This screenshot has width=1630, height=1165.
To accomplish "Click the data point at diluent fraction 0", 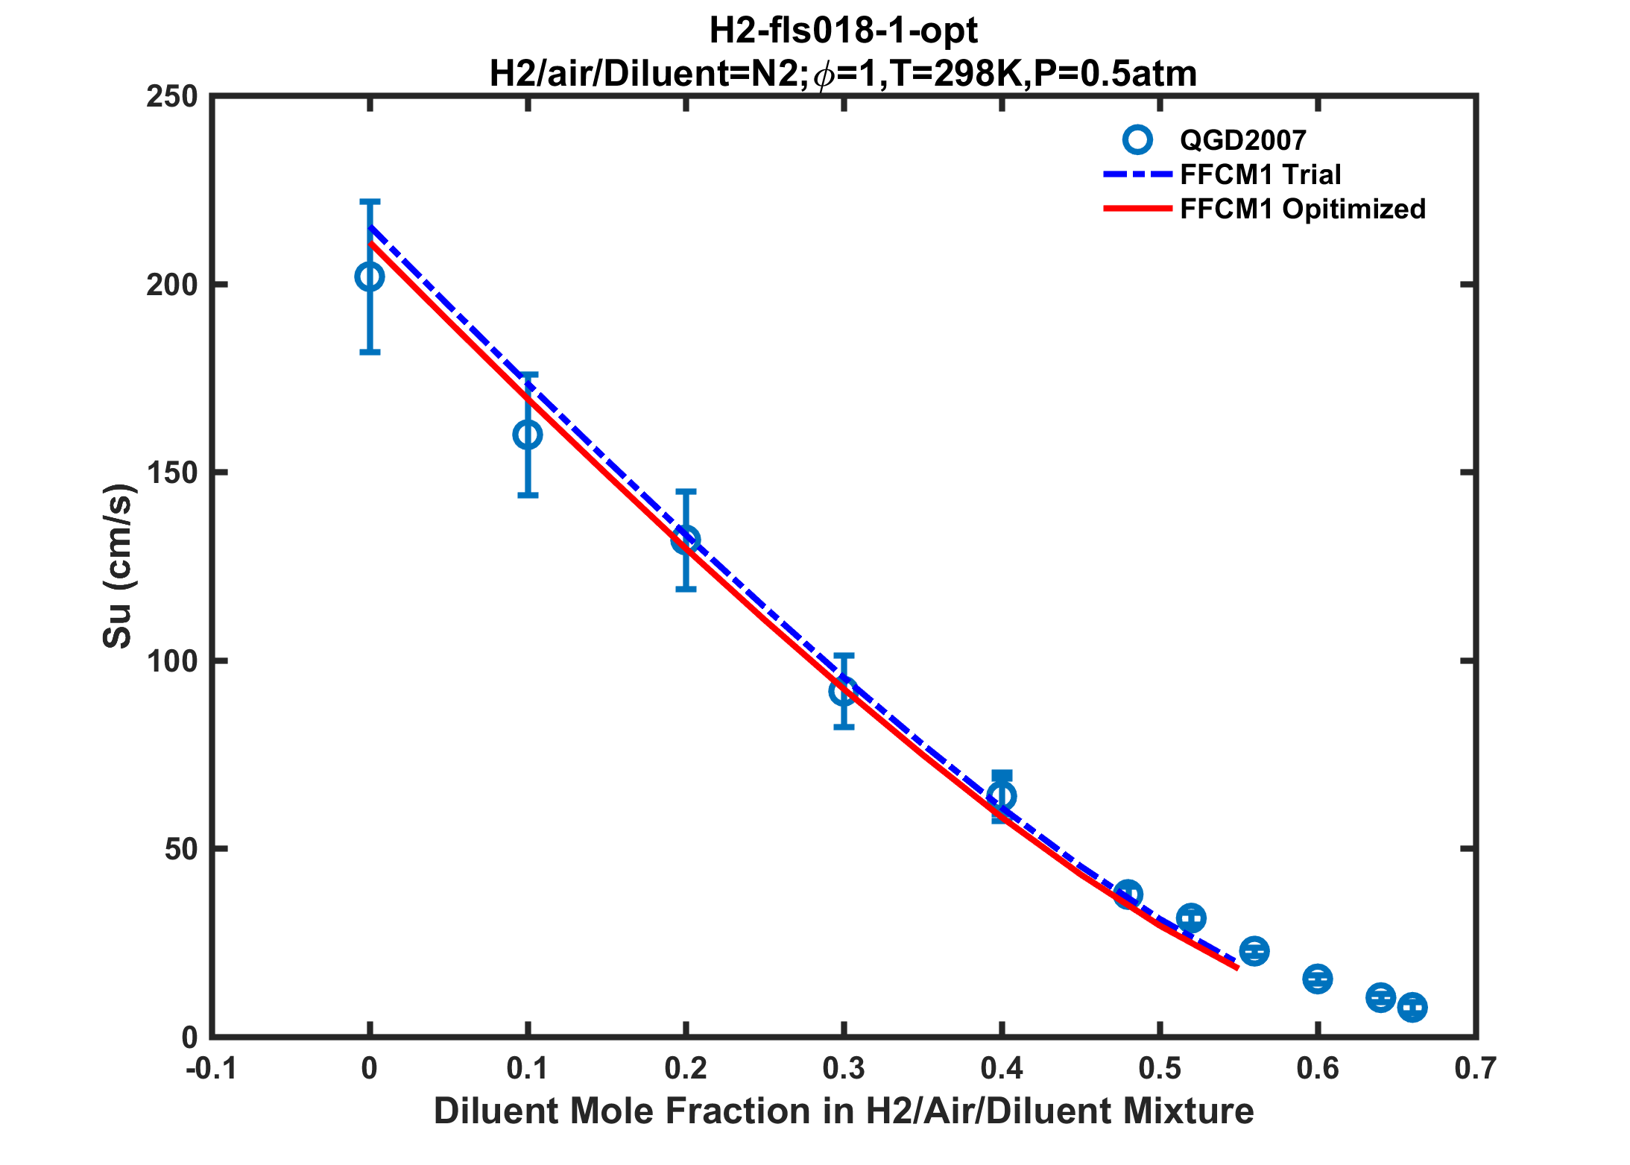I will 370,277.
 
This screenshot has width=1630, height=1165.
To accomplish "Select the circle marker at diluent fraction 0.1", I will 528,435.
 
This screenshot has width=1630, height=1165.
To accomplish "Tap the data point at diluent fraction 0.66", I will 1412,1008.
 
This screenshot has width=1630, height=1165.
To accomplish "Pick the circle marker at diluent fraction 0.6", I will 1318,979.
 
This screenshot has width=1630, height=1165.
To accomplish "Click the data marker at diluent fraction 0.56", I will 1254,951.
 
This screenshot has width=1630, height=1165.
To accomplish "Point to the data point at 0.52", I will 1191,918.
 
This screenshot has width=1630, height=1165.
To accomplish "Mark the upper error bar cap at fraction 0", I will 370,201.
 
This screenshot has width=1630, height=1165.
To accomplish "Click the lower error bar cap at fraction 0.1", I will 528,495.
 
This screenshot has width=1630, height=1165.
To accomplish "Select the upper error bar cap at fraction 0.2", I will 686,491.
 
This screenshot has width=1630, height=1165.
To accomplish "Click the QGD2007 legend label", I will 1243,140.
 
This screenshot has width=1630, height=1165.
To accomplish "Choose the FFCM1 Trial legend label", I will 1260,174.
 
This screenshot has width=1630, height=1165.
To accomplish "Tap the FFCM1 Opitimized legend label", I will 1302,209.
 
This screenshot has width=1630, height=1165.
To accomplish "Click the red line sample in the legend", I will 1137,209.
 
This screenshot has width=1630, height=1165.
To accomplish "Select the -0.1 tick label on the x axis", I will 211,1069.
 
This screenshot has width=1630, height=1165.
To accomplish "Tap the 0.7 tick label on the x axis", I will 1476,1069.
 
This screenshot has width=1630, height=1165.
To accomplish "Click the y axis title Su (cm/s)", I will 117,566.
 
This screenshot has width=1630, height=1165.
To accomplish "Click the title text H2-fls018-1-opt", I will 843,31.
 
